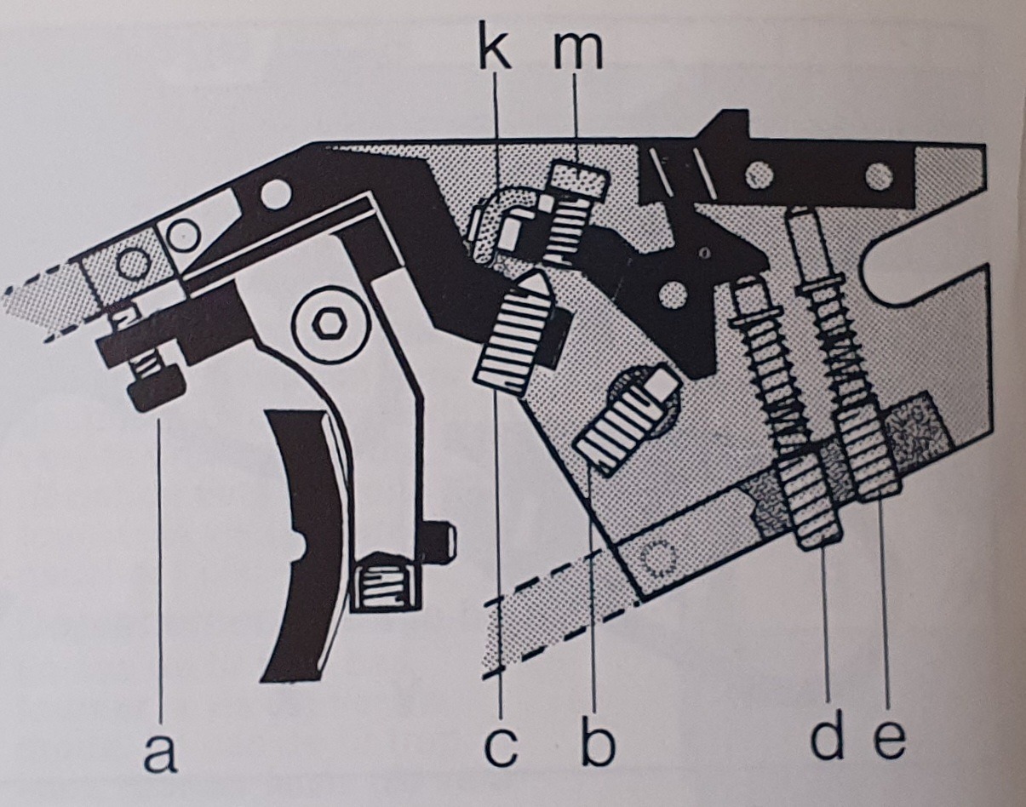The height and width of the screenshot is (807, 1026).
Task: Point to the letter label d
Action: [827, 738]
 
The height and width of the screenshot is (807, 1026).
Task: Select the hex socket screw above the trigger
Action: [324, 325]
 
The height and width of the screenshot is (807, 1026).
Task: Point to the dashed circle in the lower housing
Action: [661, 558]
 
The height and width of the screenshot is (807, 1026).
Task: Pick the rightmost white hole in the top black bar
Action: [880, 175]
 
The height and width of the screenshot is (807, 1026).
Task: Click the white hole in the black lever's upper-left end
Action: [274, 195]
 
